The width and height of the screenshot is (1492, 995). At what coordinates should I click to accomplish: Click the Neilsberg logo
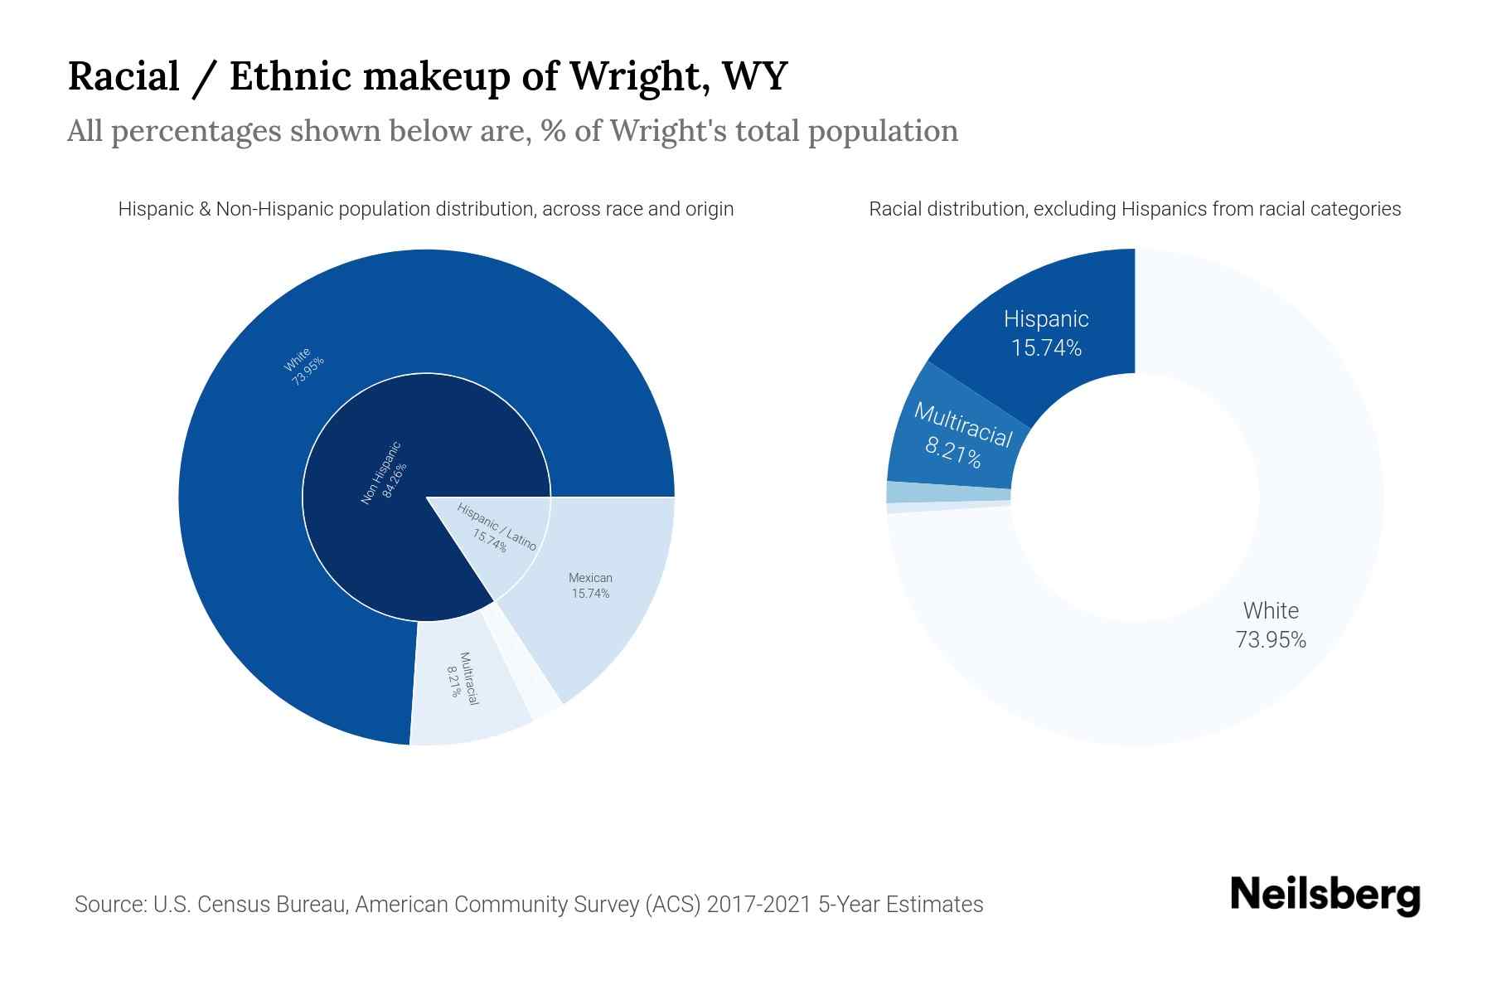coord(1325,895)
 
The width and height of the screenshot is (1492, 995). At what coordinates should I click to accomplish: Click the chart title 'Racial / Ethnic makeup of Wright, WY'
coord(427,76)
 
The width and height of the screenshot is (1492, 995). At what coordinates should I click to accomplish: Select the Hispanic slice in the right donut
coord(1046,332)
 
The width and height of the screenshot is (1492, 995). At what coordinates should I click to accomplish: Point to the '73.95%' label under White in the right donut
coord(1271,640)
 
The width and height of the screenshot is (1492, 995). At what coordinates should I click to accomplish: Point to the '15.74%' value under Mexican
coord(590,594)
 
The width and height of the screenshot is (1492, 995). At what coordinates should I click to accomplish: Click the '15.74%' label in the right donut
coord(1046,348)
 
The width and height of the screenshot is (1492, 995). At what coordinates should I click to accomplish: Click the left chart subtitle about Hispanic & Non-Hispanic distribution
coord(426,209)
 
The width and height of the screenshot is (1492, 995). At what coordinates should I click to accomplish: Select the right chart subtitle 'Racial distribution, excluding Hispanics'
coord(1135,209)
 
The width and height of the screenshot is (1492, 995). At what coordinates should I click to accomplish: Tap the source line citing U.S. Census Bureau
coord(529,904)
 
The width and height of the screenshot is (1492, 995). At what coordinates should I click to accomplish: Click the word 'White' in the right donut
coord(1271,611)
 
